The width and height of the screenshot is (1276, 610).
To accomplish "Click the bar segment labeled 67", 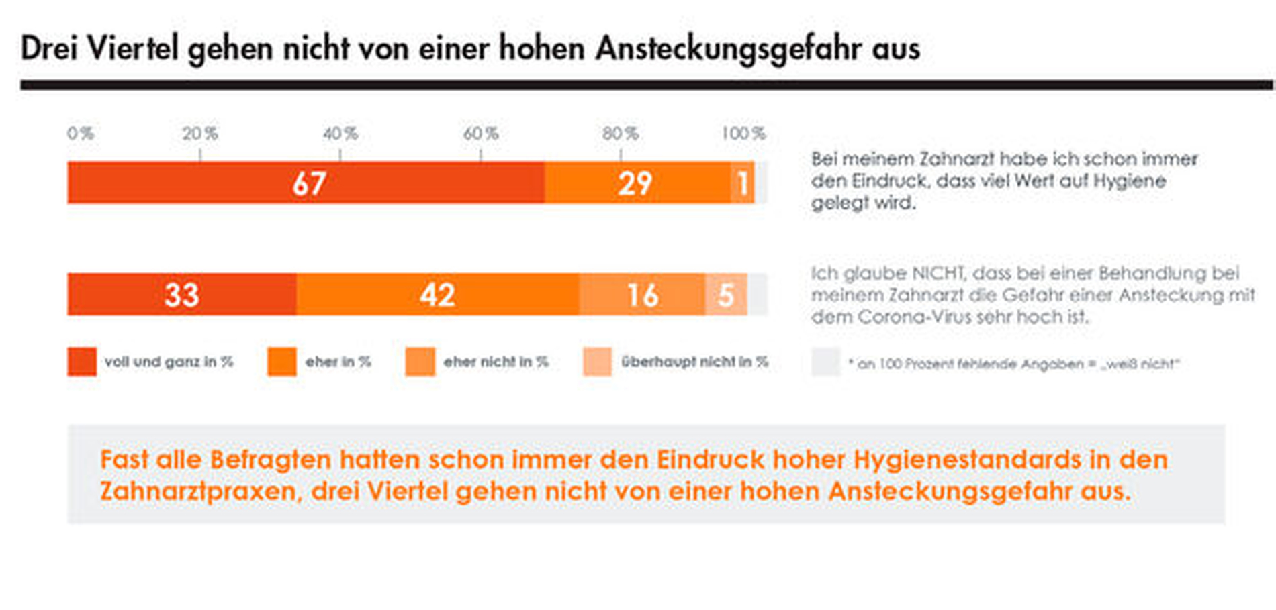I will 306,183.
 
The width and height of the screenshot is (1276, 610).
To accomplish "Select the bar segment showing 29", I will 637,183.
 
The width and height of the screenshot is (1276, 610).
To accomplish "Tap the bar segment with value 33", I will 181,295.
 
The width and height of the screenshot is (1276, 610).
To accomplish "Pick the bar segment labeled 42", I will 437,295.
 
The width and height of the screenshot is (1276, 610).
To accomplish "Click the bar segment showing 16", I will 642,295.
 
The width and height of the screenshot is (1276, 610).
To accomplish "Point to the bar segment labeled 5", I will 726,295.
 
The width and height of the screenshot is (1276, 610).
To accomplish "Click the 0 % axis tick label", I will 80,134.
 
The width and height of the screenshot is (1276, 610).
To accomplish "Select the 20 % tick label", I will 200,134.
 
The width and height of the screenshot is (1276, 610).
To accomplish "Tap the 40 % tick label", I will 340,134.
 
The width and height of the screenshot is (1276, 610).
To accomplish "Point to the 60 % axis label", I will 481,134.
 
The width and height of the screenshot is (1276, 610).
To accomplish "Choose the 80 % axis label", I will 621,134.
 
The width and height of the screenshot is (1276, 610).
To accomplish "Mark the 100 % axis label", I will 743,134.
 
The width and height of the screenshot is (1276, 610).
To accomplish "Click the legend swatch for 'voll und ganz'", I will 82,362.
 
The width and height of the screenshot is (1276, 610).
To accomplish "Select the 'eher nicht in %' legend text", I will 496,362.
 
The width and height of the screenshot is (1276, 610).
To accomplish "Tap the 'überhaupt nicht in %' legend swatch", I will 597,362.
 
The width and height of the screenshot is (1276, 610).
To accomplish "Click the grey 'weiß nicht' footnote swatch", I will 825,362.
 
